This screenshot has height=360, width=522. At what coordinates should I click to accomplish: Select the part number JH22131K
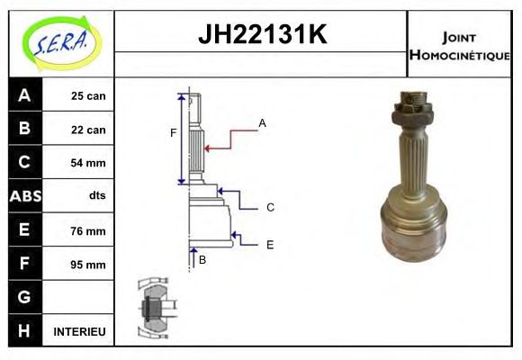click(x=261, y=36)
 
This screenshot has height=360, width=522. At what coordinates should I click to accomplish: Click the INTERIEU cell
click(x=80, y=332)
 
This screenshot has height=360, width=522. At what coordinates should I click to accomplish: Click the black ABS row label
click(x=24, y=197)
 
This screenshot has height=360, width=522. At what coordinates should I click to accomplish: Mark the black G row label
click(x=24, y=297)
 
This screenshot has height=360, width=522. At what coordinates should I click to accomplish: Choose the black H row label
click(x=24, y=331)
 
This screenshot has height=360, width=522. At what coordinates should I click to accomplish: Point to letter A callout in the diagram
click(x=262, y=122)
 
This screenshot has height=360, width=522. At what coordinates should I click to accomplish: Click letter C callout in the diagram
click(x=270, y=208)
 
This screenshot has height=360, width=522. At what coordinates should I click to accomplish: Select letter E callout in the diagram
click(x=270, y=244)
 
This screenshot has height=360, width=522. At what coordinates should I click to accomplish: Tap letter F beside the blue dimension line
click(x=174, y=134)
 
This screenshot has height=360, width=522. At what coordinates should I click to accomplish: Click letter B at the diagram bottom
click(x=202, y=260)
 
